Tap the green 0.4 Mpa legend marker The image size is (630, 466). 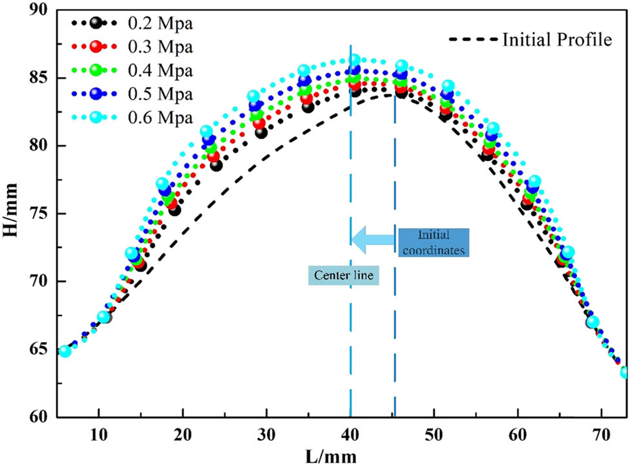click(x=96, y=70)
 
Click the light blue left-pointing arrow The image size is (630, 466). click(x=373, y=240)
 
